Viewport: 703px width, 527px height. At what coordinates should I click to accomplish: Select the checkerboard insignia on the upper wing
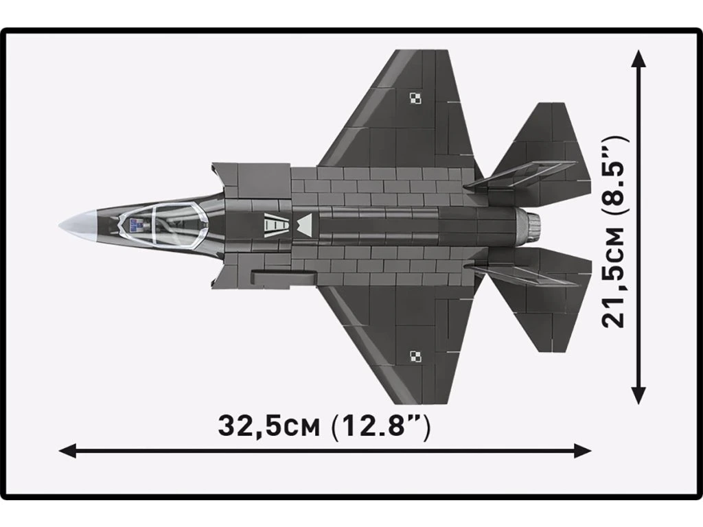[x=415, y=97]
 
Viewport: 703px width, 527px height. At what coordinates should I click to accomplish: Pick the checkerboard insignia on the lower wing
[x=415, y=355]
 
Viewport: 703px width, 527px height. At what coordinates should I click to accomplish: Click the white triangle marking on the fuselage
[x=304, y=222]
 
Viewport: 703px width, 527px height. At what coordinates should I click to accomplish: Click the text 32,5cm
[x=268, y=425]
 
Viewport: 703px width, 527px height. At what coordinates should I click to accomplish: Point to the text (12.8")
[x=380, y=425]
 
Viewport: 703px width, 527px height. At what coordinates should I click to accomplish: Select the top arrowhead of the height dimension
[x=638, y=57]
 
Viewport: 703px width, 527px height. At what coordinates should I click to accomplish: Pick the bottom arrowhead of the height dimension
[x=638, y=396]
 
